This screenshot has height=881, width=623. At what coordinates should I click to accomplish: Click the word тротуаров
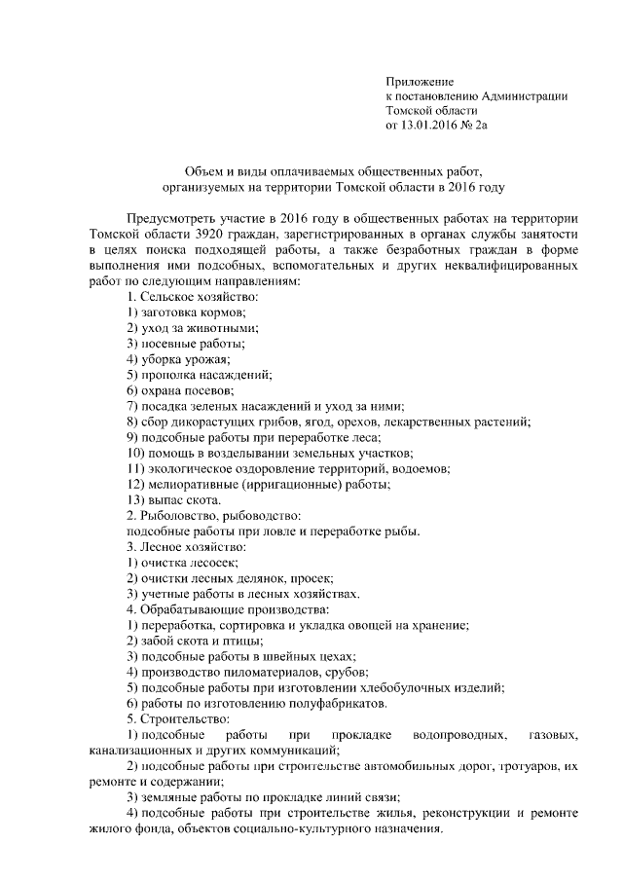(x=530, y=766)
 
